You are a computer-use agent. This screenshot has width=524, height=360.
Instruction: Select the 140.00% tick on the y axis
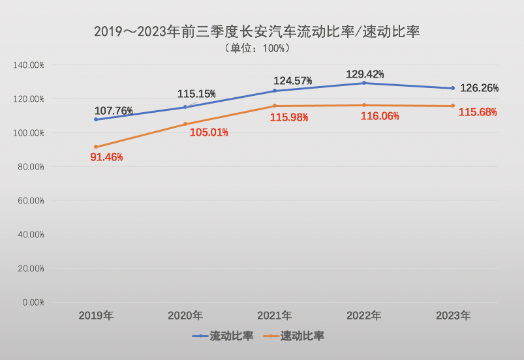(29, 65)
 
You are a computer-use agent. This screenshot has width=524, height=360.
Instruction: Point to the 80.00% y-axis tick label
(29, 167)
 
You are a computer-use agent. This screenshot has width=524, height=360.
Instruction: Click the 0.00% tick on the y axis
(31, 303)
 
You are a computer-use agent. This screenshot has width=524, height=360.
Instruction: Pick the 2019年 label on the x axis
(96, 316)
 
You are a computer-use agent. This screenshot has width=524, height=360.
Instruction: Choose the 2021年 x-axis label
(274, 316)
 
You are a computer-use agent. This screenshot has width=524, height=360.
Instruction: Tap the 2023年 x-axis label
(453, 316)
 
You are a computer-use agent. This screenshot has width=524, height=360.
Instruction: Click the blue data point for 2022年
(364, 83)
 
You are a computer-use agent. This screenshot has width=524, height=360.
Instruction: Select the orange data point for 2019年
(96, 147)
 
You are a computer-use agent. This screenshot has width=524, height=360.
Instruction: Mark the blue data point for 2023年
(453, 88)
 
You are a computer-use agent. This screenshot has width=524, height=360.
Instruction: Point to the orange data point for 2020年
(185, 124)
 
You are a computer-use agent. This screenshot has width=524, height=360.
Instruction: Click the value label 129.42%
(365, 74)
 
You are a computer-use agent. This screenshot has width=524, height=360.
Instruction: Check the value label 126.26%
(480, 88)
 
